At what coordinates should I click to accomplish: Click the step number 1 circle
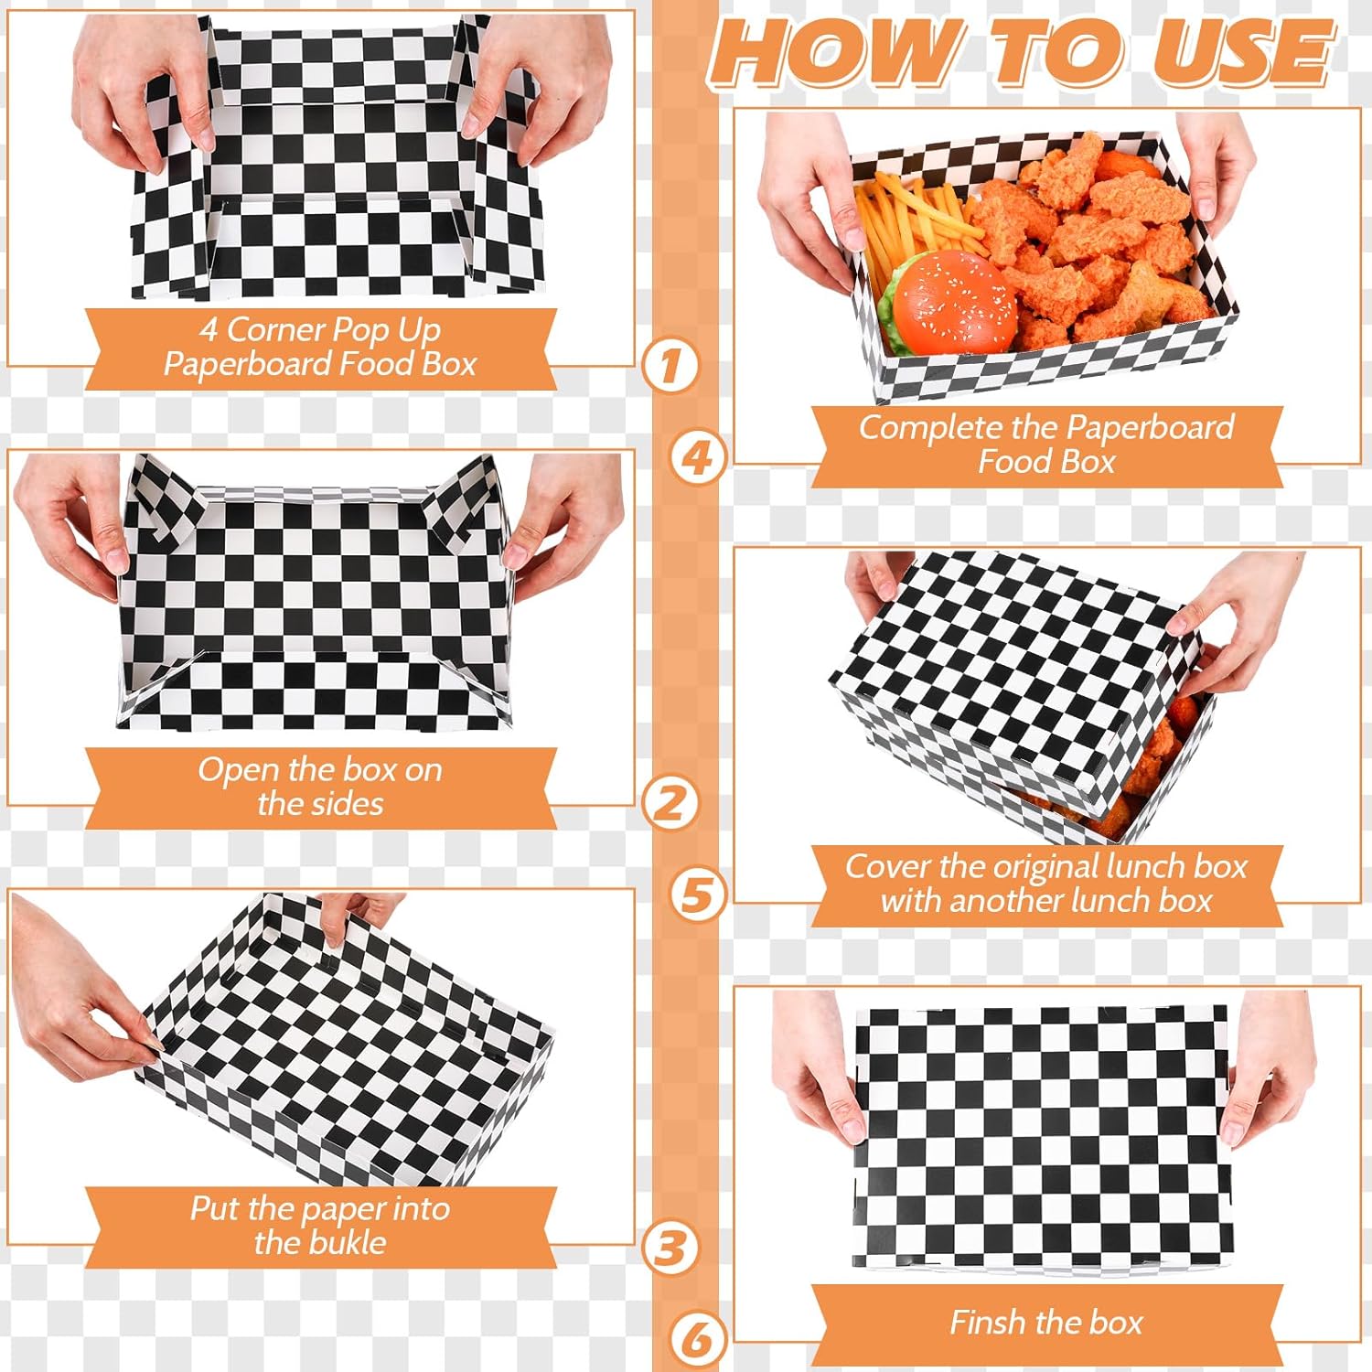[x=670, y=366]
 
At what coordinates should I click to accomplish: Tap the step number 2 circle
[x=670, y=803]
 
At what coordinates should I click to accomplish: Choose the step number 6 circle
[x=698, y=1340]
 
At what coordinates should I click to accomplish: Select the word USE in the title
[x=1242, y=52]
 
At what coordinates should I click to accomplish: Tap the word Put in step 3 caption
[x=215, y=1209]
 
